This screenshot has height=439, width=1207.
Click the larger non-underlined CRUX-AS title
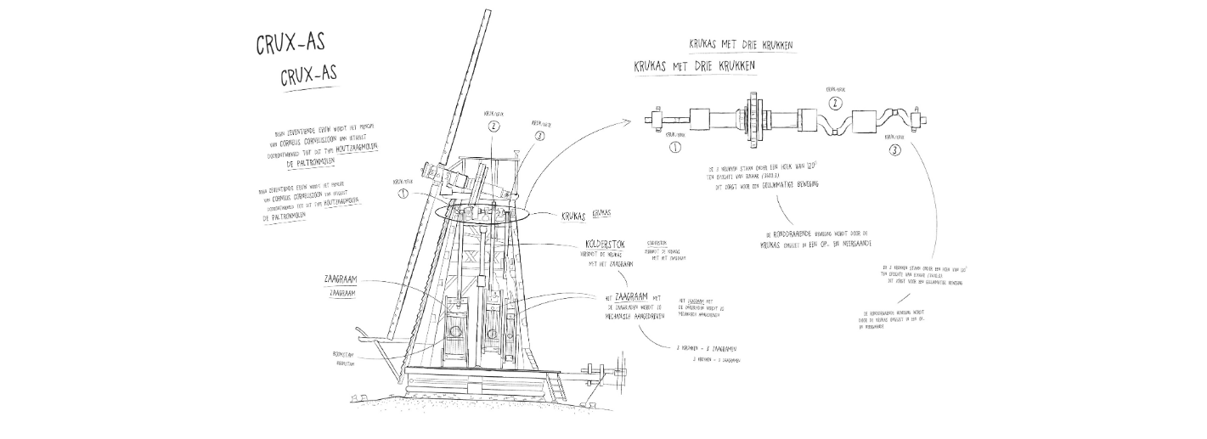tap(290, 43)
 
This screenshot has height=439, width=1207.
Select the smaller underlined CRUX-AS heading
tap(308, 76)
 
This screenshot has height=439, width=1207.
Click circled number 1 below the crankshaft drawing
tap(676, 146)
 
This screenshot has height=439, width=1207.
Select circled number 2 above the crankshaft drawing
tap(835, 104)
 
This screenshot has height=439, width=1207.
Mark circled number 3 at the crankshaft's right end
tap(895, 149)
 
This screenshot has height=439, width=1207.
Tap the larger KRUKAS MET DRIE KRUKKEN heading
tap(694, 65)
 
